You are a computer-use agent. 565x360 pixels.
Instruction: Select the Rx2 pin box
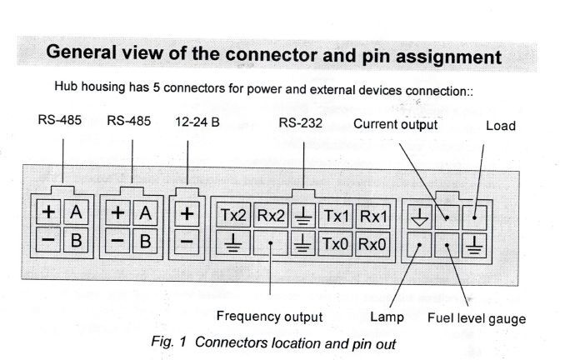click(x=271, y=215)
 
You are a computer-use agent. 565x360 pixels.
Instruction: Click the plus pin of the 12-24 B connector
click(x=187, y=214)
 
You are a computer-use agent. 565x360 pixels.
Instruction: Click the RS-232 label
click(x=302, y=122)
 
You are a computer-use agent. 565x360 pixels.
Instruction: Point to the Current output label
click(x=396, y=124)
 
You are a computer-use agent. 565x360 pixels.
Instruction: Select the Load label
click(x=500, y=127)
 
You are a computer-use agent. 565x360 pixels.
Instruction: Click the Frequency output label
click(x=269, y=317)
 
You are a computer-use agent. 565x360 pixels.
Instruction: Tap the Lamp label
click(x=387, y=317)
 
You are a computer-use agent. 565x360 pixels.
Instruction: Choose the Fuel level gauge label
click(x=477, y=318)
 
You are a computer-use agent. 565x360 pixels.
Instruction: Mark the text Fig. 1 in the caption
click(x=163, y=342)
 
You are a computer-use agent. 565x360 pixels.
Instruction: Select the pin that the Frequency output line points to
click(x=271, y=245)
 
